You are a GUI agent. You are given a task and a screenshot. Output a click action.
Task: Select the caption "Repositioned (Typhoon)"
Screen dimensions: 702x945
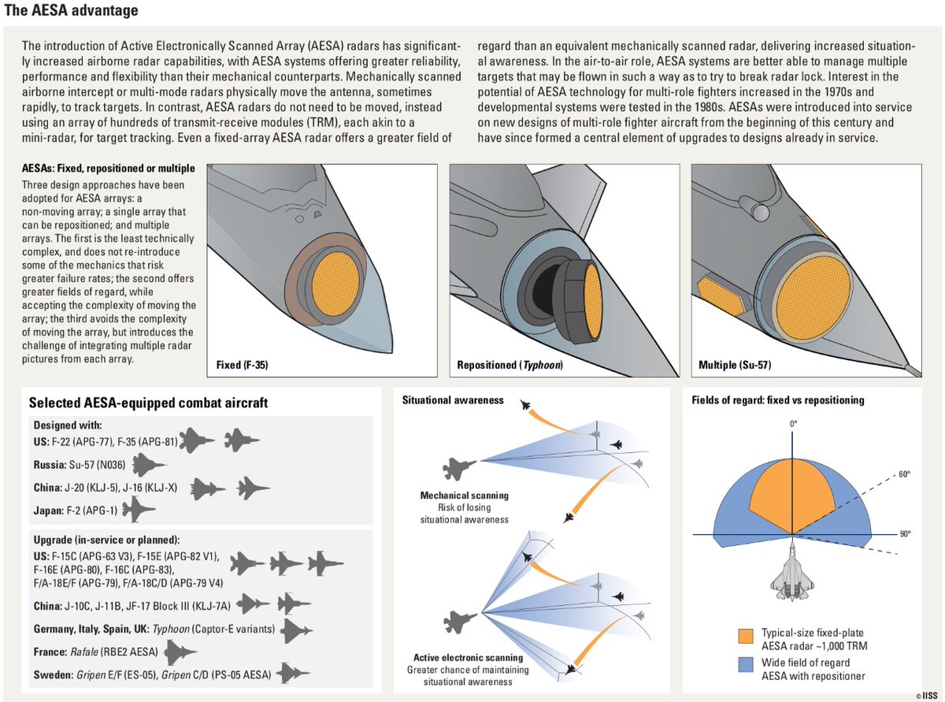(x=510, y=366)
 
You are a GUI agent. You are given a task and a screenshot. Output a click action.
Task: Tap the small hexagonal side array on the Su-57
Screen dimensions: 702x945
(x=719, y=291)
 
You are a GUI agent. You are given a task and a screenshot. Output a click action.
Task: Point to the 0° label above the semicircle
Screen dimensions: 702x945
(x=794, y=424)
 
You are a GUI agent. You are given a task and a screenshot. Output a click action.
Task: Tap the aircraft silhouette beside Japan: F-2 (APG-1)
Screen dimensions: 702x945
(x=139, y=511)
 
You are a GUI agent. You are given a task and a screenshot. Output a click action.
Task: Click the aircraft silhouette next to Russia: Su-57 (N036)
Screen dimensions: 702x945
(x=150, y=464)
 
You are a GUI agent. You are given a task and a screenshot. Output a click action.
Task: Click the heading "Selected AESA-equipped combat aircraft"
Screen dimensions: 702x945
(x=148, y=403)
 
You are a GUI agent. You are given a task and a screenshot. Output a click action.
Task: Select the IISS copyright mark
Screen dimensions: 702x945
(x=929, y=695)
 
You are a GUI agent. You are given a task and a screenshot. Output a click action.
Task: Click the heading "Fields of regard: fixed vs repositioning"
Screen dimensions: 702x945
(x=777, y=400)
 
